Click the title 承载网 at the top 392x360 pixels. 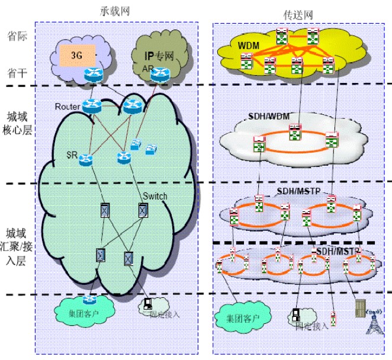tap(115, 11)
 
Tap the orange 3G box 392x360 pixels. tap(76, 56)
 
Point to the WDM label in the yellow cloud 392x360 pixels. tap(249, 45)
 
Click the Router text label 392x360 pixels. tap(67, 107)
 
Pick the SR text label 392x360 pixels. tap(72, 155)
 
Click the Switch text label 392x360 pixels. tap(155, 196)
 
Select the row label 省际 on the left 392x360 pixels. tap(15, 35)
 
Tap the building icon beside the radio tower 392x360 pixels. tap(359, 308)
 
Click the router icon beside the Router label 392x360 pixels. tap(93, 107)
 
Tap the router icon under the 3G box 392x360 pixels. tap(93, 75)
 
